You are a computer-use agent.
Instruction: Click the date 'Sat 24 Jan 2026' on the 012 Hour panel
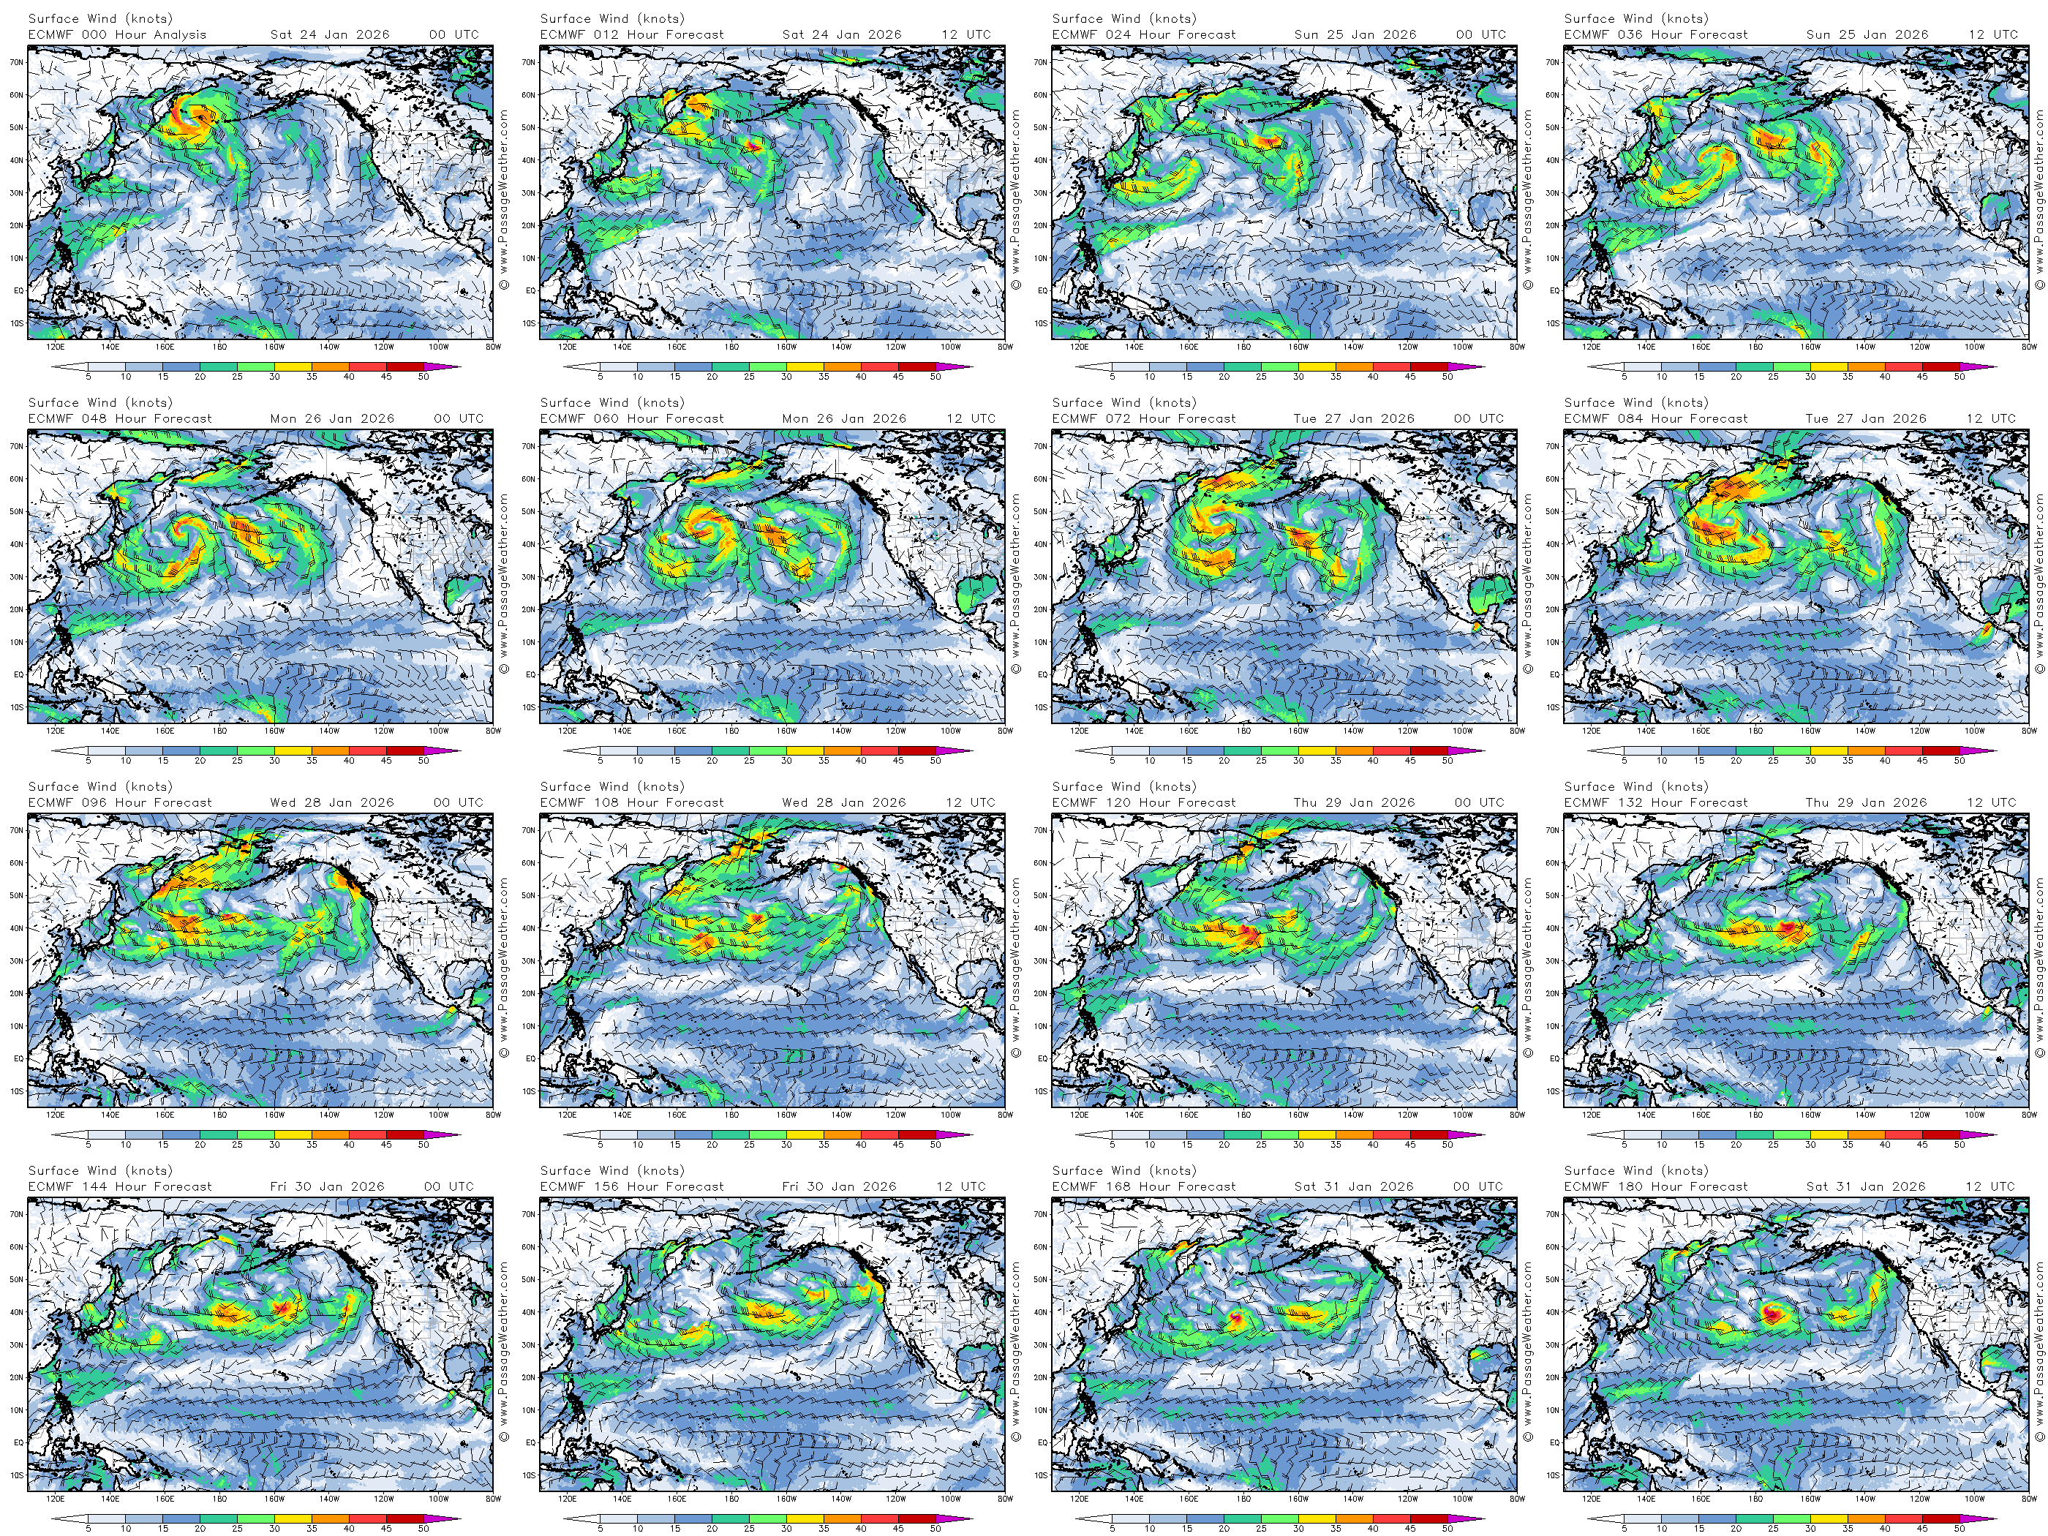coord(842,34)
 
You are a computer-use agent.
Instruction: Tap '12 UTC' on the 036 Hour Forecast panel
coord(1993,34)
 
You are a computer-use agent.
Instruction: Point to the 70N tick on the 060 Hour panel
coord(529,446)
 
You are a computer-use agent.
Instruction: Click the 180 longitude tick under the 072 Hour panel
coord(1243,731)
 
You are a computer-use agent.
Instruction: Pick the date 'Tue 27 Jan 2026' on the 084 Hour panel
coord(1866,418)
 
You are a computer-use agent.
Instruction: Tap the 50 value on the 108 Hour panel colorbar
coord(935,1145)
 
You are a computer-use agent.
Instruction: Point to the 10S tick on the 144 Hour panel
coord(18,1475)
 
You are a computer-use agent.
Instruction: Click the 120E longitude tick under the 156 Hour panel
coord(568,1498)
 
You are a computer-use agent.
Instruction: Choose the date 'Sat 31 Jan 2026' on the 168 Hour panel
coord(1354,1186)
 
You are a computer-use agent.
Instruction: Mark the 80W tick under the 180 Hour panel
coord(2028,1498)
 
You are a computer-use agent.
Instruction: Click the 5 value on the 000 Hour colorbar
coord(88,377)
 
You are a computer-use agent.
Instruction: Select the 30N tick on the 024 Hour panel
coord(1041,192)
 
